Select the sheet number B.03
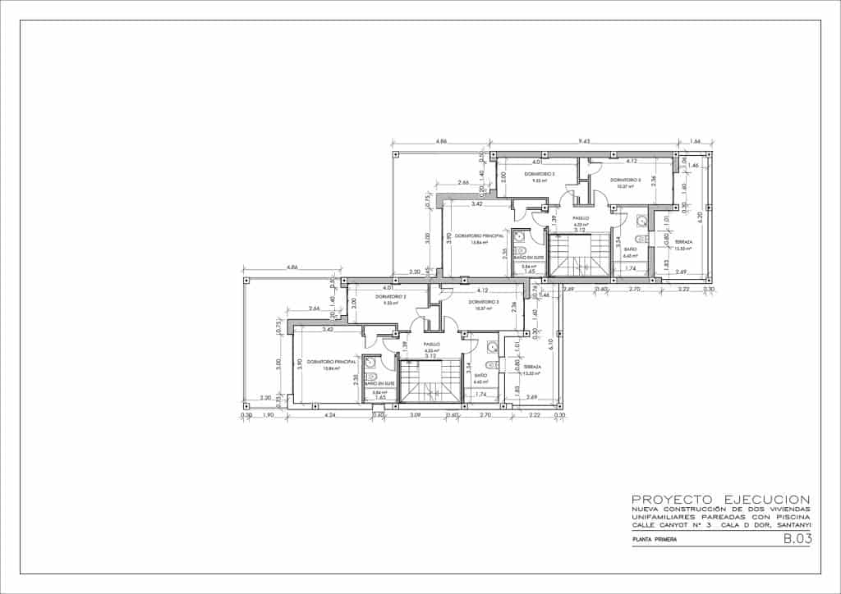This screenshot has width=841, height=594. click(797, 539)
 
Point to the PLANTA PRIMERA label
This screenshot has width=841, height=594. click(654, 540)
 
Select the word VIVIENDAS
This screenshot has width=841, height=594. click(789, 509)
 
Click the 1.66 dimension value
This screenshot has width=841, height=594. click(696, 142)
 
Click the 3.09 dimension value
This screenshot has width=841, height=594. click(415, 415)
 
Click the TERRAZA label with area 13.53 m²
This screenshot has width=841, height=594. click(683, 243)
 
